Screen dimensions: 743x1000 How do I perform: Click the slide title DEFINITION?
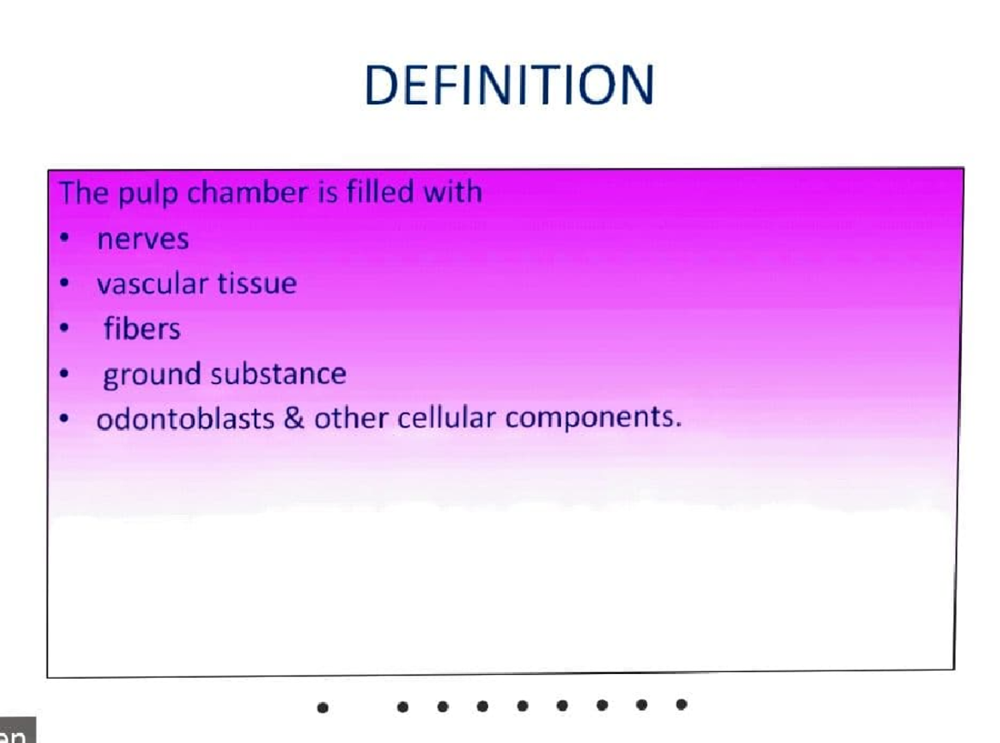pyautogui.click(x=509, y=85)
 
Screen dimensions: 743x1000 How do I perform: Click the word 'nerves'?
pyautogui.click(x=142, y=240)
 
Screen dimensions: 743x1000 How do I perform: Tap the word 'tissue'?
pyautogui.click(x=257, y=285)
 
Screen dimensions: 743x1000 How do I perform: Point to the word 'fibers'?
pyautogui.click(x=142, y=330)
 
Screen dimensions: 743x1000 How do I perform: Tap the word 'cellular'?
pyautogui.click(x=447, y=419)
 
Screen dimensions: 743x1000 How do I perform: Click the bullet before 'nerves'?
pyautogui.click(x=64, y=238)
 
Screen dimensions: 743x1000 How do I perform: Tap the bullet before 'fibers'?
pyautogui.click(x=64, y=329)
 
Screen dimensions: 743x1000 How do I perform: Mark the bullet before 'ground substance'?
pyautogui.click(x=64, y=374)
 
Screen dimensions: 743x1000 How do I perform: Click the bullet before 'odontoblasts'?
pyautogui.click(x=64, y=419)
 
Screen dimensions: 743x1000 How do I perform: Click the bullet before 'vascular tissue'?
pyautogui.click(x=64, y=283)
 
